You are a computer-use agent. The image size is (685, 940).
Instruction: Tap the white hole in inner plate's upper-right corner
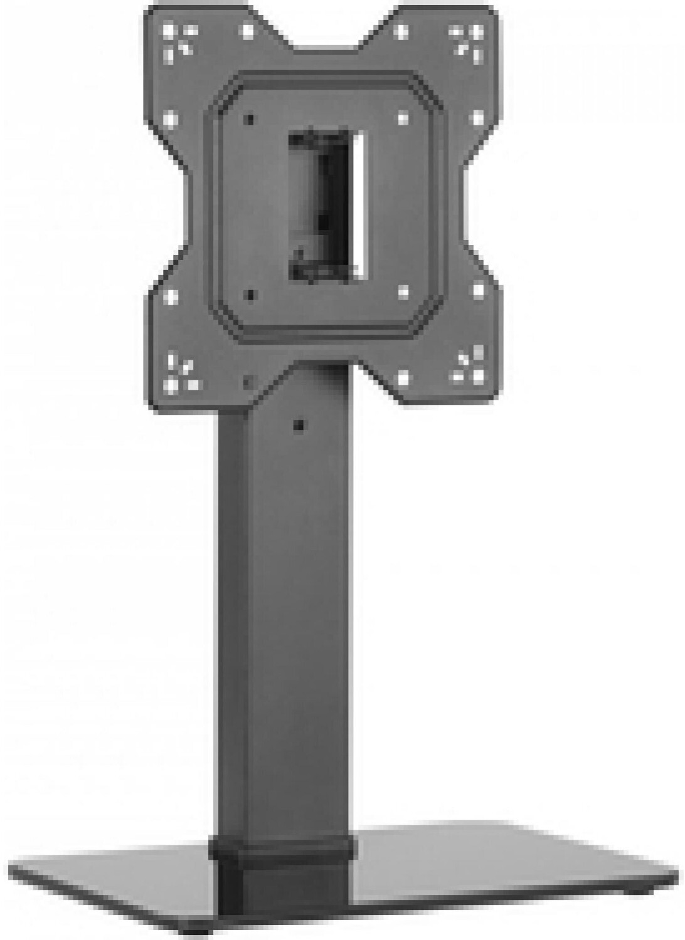tap(403, 117)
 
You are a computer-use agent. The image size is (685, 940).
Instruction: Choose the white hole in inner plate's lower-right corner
tap(403, 291)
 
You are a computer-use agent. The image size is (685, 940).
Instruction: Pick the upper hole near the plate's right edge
tap(478, 117)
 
